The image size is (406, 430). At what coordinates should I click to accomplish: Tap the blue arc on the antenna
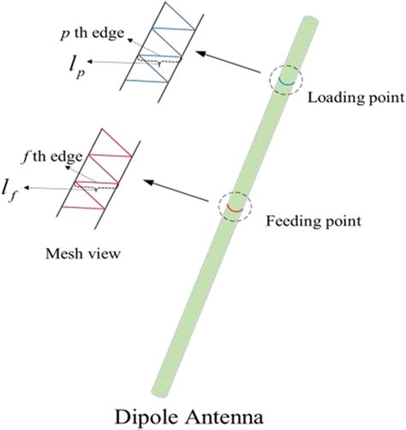pos(282,83)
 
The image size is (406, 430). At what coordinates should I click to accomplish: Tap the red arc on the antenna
pos(233,205)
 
